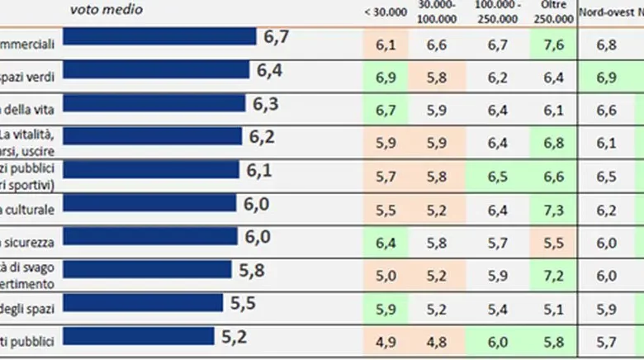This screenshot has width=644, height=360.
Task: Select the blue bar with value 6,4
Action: tap(156, 70)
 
